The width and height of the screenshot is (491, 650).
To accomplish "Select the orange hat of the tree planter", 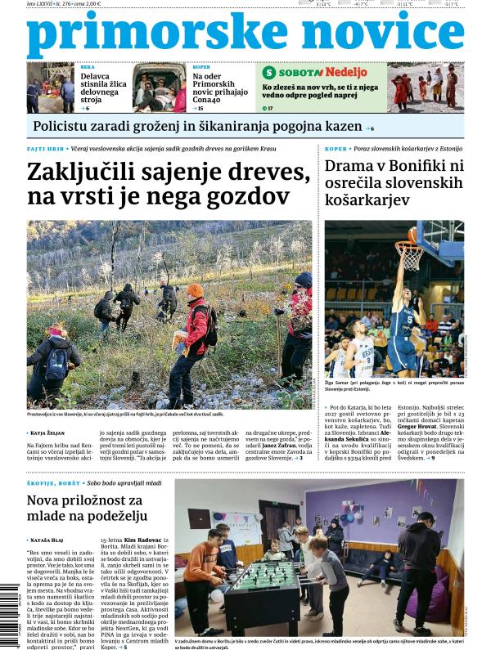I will pos(195,290).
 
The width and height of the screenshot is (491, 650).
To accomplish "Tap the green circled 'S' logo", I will pos(269,72).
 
